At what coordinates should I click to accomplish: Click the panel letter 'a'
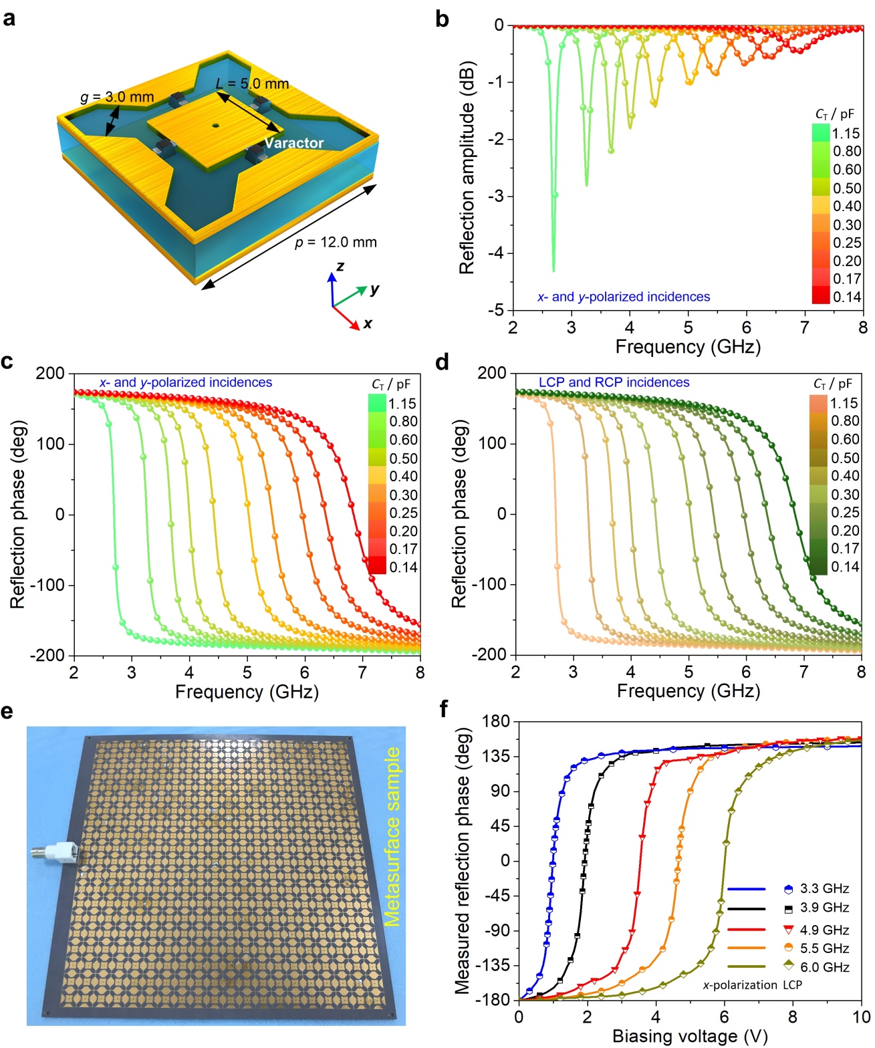pyautogui.click(x=9, y=18)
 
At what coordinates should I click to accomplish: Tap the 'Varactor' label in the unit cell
pyautogui.click(x=293, y=143)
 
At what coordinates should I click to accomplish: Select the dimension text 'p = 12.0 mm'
pyautogui.click(x=336, y=243)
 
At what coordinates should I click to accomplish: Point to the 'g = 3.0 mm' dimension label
pyautogui.click(x=117, y=98)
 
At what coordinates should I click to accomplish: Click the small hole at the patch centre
pyautogui.click(x=215, y=125)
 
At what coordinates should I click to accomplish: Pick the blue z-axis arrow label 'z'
pyautogui.click(x=340, y=266)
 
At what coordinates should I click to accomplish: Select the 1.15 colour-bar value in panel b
pyautogui.click(x=846, y=133)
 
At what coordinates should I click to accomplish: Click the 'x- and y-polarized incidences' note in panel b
pyautogui.click(x=624, y=297)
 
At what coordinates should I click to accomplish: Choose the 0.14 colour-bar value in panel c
pyautogui.click(x=403, y=567)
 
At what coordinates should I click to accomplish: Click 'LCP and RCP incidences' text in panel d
pyautogui.click(x=614, y=382)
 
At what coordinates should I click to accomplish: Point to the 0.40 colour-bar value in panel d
pyautogui.click(x=845, y=476)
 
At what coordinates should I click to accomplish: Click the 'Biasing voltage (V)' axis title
pyautogui.click(x=689, y=1036)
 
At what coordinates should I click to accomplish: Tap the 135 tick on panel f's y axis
pyautogui.click(x=495, y=756)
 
